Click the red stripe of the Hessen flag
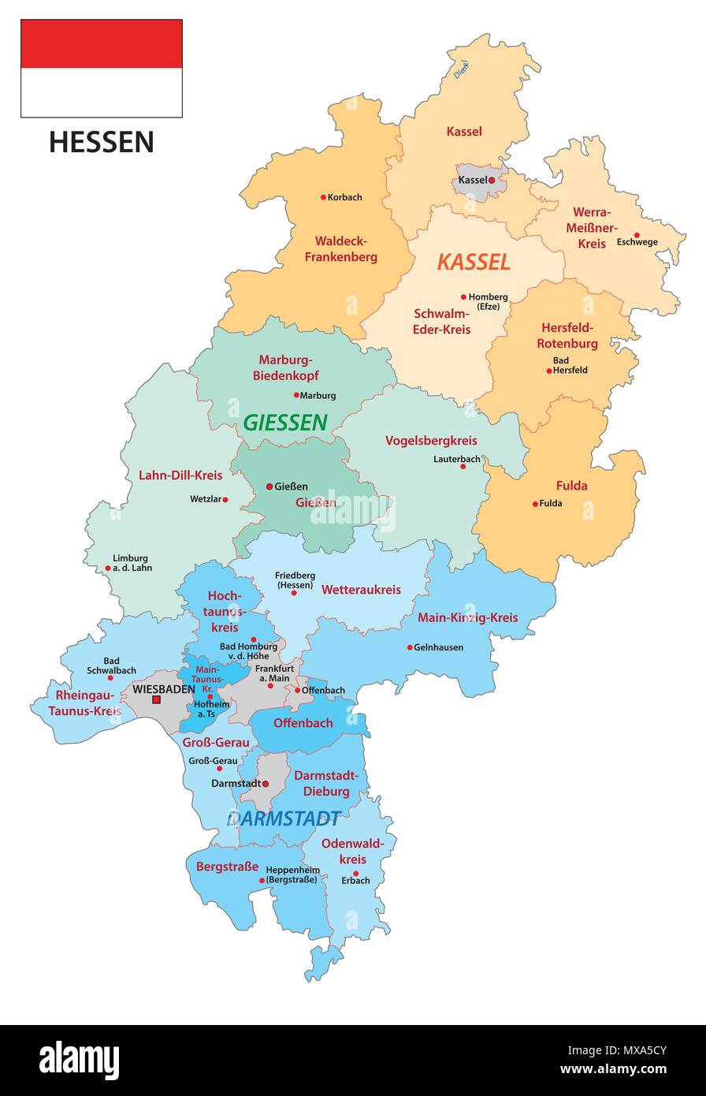tap(101, 43)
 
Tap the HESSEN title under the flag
tap(101, 143)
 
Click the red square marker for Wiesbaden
tap(157, 699)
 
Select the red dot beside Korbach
tap(323, 197)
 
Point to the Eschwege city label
tap(637, 242)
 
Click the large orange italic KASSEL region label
tap(474, 262)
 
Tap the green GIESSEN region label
tap(284, 423)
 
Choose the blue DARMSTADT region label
tap(284, 818)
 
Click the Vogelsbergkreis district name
tap(431, 441)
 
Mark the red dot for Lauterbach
tap(463, 466)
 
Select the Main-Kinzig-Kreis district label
tap(467, 617)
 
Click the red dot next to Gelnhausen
tap(410, 647)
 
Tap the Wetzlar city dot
tap(225, 499)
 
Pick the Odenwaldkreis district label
tap(353, 852)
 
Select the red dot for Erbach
tap(356, 873)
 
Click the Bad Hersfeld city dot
tap(549, 371)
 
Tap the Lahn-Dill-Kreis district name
tap(180, 475)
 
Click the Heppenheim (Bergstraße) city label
tap(292, 874)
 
